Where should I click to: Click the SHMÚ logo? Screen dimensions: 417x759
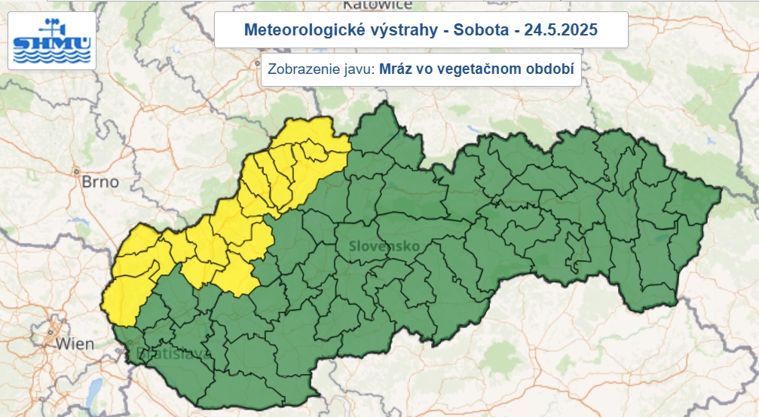point(52,42)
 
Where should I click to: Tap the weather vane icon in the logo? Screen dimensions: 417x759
point(51,24)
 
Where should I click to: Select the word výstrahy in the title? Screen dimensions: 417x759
point(384,30)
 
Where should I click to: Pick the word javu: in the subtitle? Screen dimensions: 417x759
point(357,69)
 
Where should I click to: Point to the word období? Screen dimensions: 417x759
point(549,69)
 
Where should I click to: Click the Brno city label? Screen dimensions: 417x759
point(100,182)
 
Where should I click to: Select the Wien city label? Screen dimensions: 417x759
point(75,344)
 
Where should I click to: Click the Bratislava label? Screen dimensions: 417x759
point(169,353)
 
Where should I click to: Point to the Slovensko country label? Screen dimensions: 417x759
point(384,247)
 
